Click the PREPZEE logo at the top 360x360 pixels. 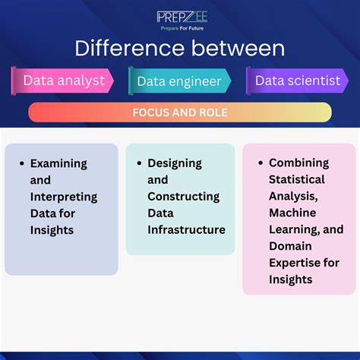pos(180,16)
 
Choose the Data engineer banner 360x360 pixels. pos(179,81)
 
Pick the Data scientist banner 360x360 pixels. pos(297,81)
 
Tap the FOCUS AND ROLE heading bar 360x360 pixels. pos(180,112)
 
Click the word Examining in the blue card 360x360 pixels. pos(58,163)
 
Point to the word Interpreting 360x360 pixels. pos(63,197)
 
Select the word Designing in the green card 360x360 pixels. pos(174,163)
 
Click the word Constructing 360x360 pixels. pos(183,197)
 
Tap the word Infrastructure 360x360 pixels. pos(186,230)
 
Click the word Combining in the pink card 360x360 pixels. pos(298,163)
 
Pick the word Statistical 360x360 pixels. pos(296,179)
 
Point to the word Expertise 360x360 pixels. pos(295,263)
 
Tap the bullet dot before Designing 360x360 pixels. pos(140,163)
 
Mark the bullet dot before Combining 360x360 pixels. pos(261,163)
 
